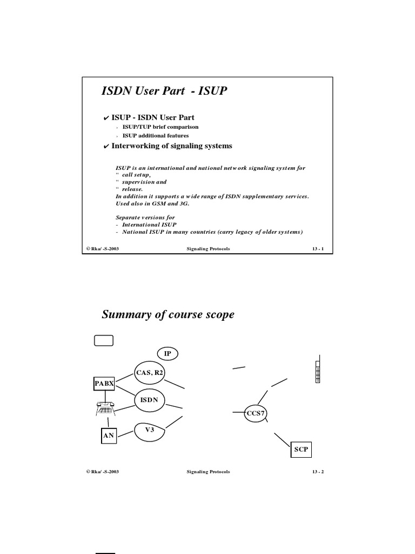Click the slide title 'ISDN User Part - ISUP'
(164, 91)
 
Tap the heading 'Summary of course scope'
(169, 314)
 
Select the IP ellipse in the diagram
(168, 353)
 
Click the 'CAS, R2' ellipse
(149, 373)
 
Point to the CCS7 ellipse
(256, 414)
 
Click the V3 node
(149, 430)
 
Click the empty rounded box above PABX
(104, 340)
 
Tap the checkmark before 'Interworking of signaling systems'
(106, 146)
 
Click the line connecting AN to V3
(126, 432)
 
